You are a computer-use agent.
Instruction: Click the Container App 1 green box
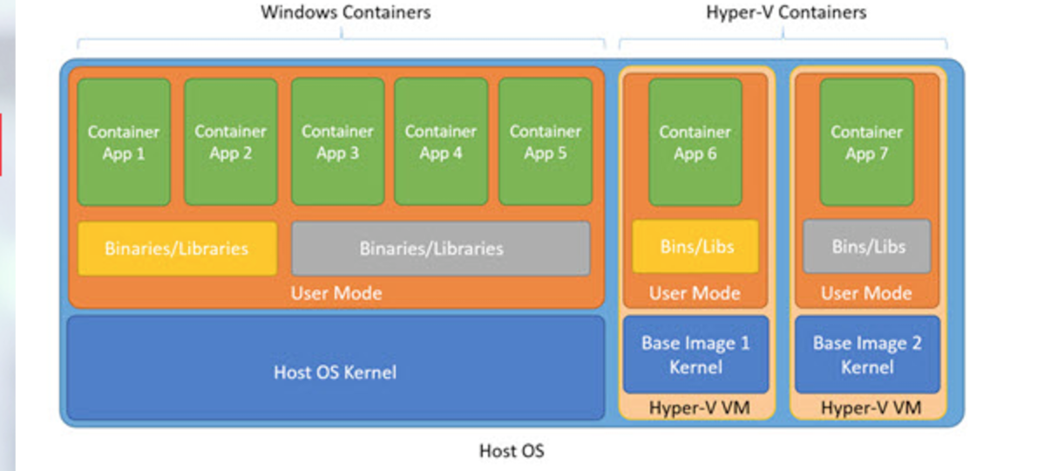(x=124, y=142)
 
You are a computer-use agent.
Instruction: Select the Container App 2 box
(x=230, y=142)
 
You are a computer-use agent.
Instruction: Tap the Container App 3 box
(x=337, y=142)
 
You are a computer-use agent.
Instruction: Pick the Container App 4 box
(x=441, y=142)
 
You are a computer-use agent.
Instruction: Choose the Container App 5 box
(x=546, y=142)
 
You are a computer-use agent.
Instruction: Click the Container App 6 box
(x=695, y=142)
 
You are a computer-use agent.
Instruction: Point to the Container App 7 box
(x=866, y=142)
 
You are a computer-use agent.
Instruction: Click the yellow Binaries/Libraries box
(x=177, y=249)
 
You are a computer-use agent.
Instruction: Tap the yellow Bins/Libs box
(x=695, y=247)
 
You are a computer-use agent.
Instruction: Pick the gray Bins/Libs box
(x=867, y=247)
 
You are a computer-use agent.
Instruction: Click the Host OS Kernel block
(x=336, y=372)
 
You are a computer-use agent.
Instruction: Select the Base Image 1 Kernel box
(x=695, y=355)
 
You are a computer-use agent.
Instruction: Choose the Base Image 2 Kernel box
(x=867, y=355)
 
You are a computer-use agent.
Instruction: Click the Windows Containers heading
(x=345, y=12)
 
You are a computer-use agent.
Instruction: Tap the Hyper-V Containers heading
(x=785, y=12)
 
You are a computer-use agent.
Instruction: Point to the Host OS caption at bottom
(x=512, y=451)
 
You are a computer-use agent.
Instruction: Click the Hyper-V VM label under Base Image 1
(x=695, y=407)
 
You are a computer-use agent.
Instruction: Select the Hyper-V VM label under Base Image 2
(x=867, y=407)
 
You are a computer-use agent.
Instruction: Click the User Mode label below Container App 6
(x=695, y=293)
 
